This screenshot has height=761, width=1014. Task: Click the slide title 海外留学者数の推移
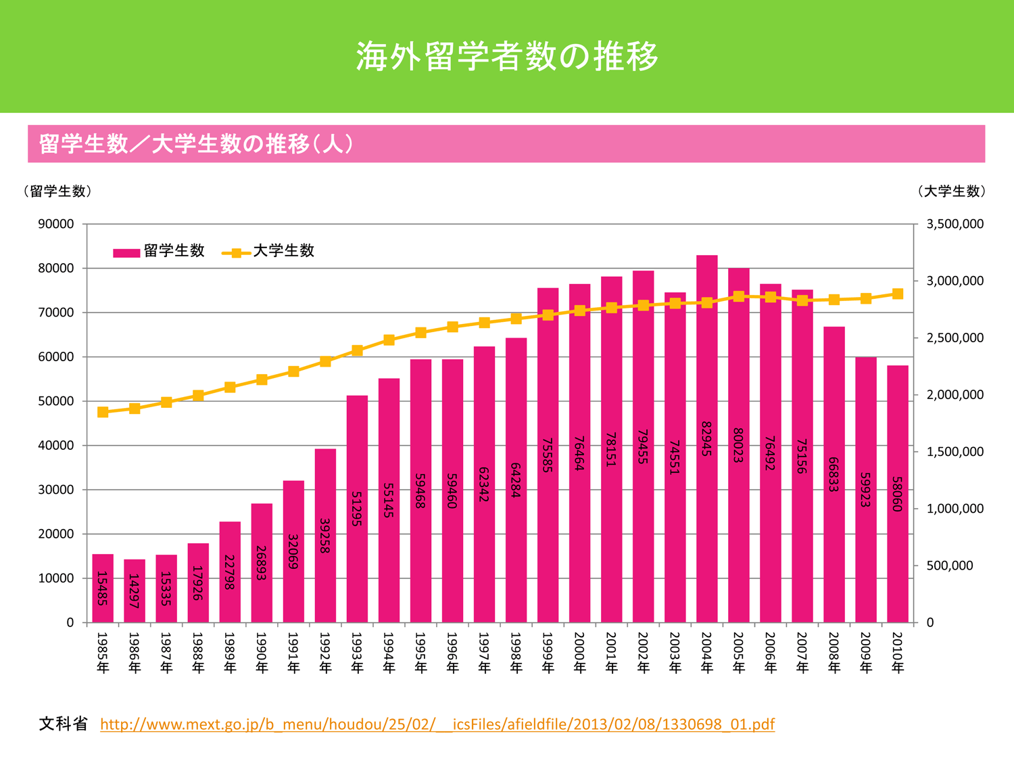[507, 56]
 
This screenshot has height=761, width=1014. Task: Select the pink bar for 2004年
[706, 440]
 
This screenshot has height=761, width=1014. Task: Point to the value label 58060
[897, 494]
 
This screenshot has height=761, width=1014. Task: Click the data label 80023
[738, 446]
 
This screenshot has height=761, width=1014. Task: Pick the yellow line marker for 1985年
[103, 412]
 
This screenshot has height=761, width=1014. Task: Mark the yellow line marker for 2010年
[898, 294]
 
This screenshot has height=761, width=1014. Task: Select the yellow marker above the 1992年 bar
[325, 361]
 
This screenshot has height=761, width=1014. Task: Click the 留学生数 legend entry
[160, 252]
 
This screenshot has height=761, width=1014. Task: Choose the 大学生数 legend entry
[269, 252]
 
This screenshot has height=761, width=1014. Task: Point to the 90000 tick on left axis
[56, 224]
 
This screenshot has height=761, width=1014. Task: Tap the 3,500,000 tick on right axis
[955, 224]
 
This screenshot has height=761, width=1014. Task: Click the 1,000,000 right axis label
[955, 509]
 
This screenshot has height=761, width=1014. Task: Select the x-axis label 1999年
[548, 653]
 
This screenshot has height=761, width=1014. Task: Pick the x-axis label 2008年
[834, 653]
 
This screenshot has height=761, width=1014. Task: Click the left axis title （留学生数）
[57, 191]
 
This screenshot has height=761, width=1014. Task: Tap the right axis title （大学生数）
[952, 191]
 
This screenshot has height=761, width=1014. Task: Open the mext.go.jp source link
[437, 724]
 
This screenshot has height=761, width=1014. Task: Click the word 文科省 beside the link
[64, 724]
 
